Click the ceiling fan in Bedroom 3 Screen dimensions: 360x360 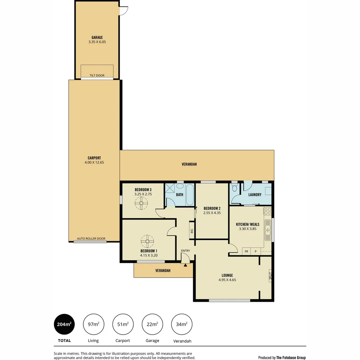point(141,203)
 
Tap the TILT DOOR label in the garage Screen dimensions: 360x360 point(97,76)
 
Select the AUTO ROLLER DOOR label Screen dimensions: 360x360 point(91,239)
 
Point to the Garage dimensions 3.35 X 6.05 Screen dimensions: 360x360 point(97,42)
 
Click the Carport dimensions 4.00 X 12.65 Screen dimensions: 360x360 point(94,162)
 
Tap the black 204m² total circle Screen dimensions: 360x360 point(64,324)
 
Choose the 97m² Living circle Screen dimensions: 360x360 point(93,324)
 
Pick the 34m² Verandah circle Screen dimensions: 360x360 point(182,324)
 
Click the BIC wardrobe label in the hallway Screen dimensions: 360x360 point(192,230)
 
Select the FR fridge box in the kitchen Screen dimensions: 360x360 point(246,252)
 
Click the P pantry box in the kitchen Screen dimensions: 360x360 point(256,252)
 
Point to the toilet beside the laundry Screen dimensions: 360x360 point(234,189)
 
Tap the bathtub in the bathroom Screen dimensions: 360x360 point(190,195)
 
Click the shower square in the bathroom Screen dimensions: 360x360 point(170,189)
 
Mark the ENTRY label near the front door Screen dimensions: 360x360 point(185,251)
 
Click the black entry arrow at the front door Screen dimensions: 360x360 point(185,265)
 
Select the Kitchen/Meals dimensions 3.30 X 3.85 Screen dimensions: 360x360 point(248,229)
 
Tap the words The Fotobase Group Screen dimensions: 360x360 point(291,358)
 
